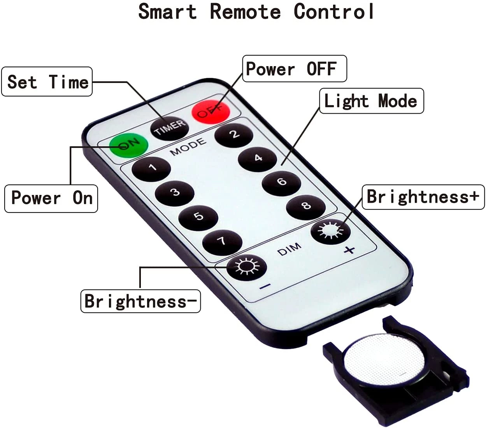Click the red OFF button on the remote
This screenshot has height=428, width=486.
pos(211,112)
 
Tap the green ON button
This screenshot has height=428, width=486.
pos(129,145)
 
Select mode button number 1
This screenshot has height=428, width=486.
pos(151,168)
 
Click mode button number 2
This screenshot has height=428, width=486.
pos(233,135)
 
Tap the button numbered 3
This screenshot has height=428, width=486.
pos(175,193)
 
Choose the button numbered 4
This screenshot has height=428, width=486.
pos(258,158)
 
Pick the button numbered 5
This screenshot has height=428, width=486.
pos(198,216)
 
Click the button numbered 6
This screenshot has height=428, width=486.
pos(281,182)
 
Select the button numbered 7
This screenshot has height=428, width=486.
pos(223,242)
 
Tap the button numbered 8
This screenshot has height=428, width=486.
pos(306,206)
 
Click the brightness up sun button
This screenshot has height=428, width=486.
pos(330,232)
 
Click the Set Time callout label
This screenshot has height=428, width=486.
pos(47,82)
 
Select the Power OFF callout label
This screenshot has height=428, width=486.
pos(294,69)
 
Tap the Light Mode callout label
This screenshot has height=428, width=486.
pos(371,101)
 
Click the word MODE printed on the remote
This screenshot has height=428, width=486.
pos(188,147)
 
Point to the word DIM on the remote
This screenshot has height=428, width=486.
pos(289,249)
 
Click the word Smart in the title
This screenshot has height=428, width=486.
pos(168,11)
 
